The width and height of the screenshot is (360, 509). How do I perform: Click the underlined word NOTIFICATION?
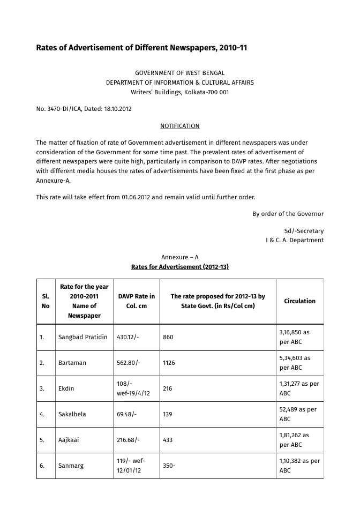coord(179,126)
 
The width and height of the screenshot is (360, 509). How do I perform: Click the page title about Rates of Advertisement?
coord(141,48)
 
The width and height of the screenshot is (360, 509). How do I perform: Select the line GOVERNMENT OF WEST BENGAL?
coord(179,73)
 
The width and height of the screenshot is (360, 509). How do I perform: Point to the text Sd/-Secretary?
coord(303,231)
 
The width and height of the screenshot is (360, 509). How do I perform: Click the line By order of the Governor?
coord(288,214)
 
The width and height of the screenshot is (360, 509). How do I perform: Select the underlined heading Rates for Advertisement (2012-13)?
coord(179,267)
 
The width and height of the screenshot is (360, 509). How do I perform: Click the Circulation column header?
coord(299,301)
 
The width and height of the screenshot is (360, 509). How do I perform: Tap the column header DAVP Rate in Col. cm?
coord(136,301)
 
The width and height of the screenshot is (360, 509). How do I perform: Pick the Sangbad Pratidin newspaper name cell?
coord(82,337)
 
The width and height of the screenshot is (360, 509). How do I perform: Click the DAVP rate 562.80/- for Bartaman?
coord(129,363)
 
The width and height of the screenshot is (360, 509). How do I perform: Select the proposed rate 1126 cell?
coord(169,363)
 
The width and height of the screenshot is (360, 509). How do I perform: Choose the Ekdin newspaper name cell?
coord(66,388)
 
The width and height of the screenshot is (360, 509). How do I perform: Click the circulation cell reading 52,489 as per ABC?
coord(298,414)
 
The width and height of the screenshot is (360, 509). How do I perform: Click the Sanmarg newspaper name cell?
coord(71,466)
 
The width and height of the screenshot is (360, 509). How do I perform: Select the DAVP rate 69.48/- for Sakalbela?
coord(126,414)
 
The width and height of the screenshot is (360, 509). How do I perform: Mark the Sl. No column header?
coord(46,301)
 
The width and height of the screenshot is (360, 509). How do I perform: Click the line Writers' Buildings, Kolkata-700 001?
coord(179,92)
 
